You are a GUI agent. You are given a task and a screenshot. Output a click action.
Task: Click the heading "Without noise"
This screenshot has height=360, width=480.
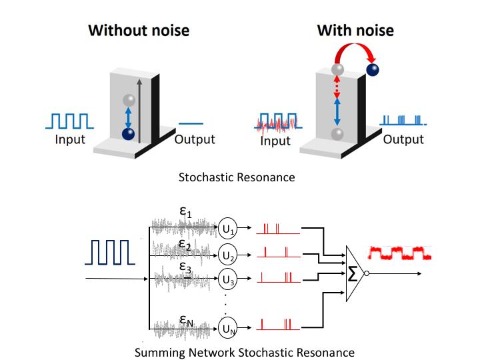point(139,30)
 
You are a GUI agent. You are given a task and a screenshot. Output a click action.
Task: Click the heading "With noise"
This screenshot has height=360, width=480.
point(355,30)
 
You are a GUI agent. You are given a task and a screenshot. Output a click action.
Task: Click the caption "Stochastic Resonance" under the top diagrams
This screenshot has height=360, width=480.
point(237,178)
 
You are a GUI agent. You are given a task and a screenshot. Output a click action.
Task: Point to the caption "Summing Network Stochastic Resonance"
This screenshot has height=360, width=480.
point(244,351)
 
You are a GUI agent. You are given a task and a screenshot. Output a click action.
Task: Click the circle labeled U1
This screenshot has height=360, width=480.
point(229,229)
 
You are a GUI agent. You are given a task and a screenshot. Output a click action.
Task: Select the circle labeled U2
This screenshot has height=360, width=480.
point(229,254)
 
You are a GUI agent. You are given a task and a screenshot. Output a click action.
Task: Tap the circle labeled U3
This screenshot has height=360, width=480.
point(229,279)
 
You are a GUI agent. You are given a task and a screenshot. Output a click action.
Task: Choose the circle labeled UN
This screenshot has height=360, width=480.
point(229,327)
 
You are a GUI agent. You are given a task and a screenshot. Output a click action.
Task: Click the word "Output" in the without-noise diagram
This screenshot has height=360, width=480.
point(195,139)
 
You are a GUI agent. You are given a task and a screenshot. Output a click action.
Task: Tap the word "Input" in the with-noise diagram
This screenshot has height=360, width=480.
point(275,141)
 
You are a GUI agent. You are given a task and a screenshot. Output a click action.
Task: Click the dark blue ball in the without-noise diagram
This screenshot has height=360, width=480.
point(128,134)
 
